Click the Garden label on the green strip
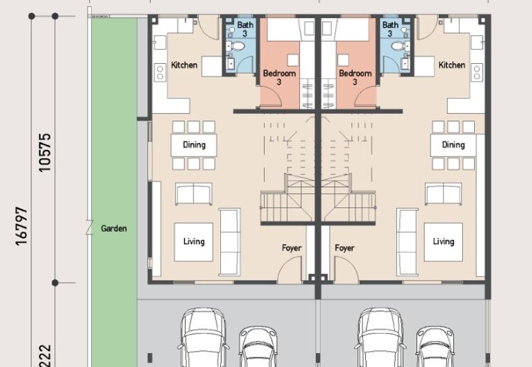[114, 229]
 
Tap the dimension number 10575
[45, 153]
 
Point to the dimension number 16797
[21, 226]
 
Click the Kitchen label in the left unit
[184, 64]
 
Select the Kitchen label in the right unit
[452, 64]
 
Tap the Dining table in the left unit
[194, 145]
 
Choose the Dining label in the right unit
[454, 145]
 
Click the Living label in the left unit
[194, 241]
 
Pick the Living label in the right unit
[444, 241]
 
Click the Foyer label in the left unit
[291, 248]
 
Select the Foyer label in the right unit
[344, 248]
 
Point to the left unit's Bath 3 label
[245, 29]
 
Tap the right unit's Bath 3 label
[390, 29]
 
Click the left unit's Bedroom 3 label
[279, 77]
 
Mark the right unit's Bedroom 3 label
[355, 77]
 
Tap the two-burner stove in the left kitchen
[160, 72]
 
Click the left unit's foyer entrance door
[290, 269]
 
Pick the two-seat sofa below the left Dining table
[194, 193]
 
